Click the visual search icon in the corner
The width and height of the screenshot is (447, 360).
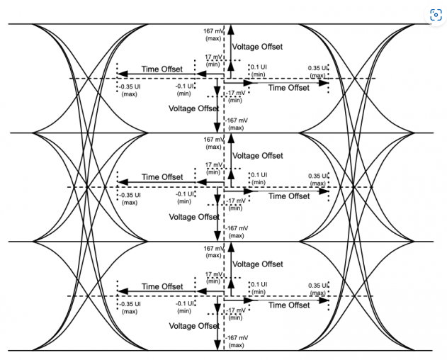click(x=435, y=15)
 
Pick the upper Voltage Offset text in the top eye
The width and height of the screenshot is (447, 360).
click(x=257, y=47)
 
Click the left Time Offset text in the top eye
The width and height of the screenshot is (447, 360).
click(x=162, y=69)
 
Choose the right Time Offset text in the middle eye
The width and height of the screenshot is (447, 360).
click(x=289, y=196)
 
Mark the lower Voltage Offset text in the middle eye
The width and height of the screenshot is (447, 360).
click(x=193, y=217)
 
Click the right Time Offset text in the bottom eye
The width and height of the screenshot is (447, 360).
click(x=289, y=305)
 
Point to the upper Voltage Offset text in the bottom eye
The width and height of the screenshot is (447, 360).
click(x=257, y=264)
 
